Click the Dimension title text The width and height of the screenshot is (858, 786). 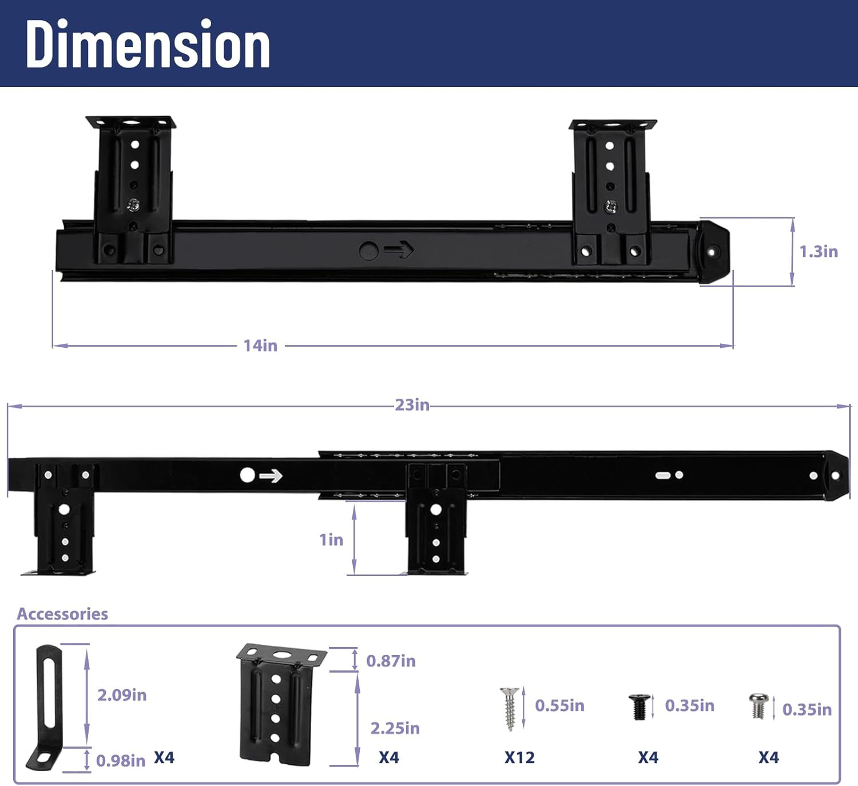pyautogui.click(x=148, y=45)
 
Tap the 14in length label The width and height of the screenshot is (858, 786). pyautogui.click(x=260, y=346)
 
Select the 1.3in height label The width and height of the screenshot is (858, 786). pyautogui.click(x=818, y=252)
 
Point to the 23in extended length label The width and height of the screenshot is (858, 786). pyautogui.click(x=412, y=405)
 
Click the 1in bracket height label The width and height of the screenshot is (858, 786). pyautogui.click(x=331, y=539)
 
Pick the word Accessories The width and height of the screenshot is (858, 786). pyautogui.click(x=62, y=614)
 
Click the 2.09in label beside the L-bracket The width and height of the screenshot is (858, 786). pyautogui.click(x=122, y=695)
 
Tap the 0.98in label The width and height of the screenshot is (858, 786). pyautogui.click(x=121, y=761)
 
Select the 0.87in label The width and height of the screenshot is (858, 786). pyautogui.click(x=391, y=661)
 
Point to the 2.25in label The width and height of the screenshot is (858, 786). pyautogui.click(x=395, y=728)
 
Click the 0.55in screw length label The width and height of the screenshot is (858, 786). pyautogui.click(x=559, y=706)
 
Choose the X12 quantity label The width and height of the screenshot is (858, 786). pyautogui.click(x=519, y=758)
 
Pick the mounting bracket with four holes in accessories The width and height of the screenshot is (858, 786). pyautogui.click(x=279, y=704)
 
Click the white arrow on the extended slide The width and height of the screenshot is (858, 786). pyautogui.click(x=271, y=476)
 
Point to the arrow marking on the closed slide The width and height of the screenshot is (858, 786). pyautogui.click(x=399, y=250)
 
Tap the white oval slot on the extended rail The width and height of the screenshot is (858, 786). pyautogui.click(x=662, y=475)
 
